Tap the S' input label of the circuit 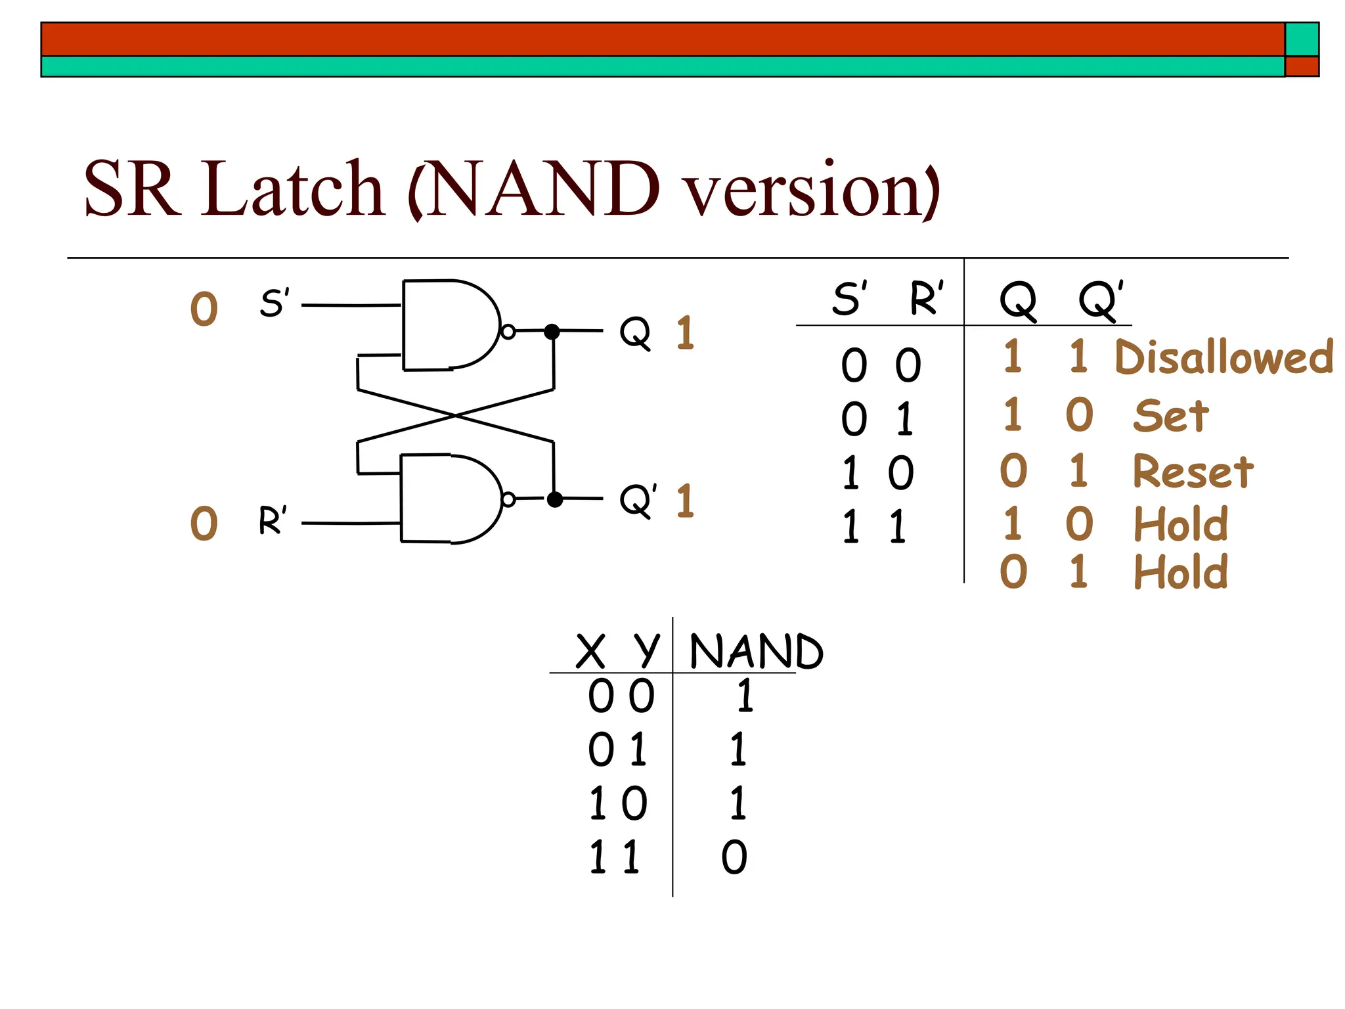pyautogui.click(x=274, y=303)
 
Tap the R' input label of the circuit pyautogui.click(x=273, y=520)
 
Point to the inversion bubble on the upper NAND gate pyautogui.click(x=508, y=332)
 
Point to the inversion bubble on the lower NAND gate pyautogui.click(x=508, y=500)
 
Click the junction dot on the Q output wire pyautogui.click(x=552, y=332)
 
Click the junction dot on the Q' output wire pyautogui.click(x=555, y=499)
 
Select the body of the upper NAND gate pyautogui.click(x=447, y=325)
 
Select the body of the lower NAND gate pyautogui.click(x=447, y=499)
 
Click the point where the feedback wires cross pyautogui.click(x=456, y=415)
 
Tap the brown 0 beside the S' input pyautogui.click(x=204, y=309)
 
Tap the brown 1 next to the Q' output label pyautogui.click(x=685, y=501)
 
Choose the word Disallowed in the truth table pyautogui.click(x=1224, y=357)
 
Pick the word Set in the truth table pyautogui.click(x=1171, y=416)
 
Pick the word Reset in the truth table pyautogui.click(x=1193, y=472)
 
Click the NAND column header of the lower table pyautogui.click(x=755, y=652)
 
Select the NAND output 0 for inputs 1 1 pyautogui.click(x=734, y=857)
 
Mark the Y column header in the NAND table pyautogui.click(x=646, y=650)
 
